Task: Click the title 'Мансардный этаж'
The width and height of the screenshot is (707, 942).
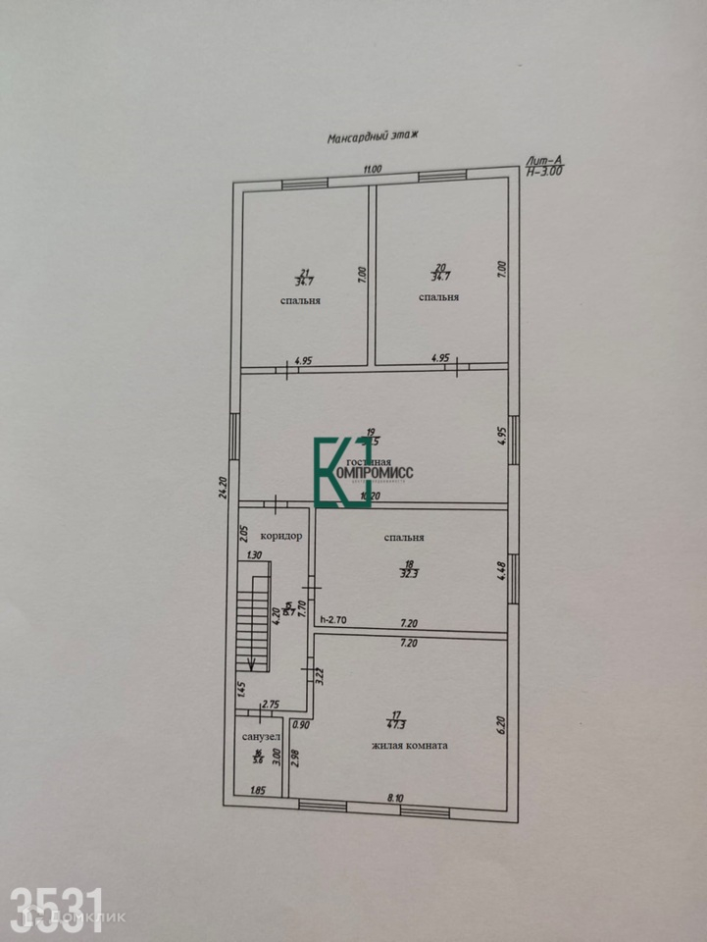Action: (373, 138)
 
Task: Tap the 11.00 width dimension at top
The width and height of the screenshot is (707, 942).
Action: (371, 170)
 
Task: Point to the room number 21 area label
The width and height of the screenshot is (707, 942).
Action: (303, 278)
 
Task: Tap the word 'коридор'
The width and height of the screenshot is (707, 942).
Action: (280, 537)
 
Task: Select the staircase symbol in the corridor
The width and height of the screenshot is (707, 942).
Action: (255, 623)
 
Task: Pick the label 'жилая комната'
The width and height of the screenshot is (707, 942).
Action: (410, 745)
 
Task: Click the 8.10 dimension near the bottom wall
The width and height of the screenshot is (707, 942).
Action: (395, 798)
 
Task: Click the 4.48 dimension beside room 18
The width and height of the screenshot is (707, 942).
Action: (499, 570)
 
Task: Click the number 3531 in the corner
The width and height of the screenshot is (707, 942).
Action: (57, 903)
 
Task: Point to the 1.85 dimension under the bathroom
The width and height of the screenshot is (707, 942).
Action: (258, 791)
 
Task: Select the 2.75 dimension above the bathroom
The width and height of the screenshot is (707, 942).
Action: (272, 704)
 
